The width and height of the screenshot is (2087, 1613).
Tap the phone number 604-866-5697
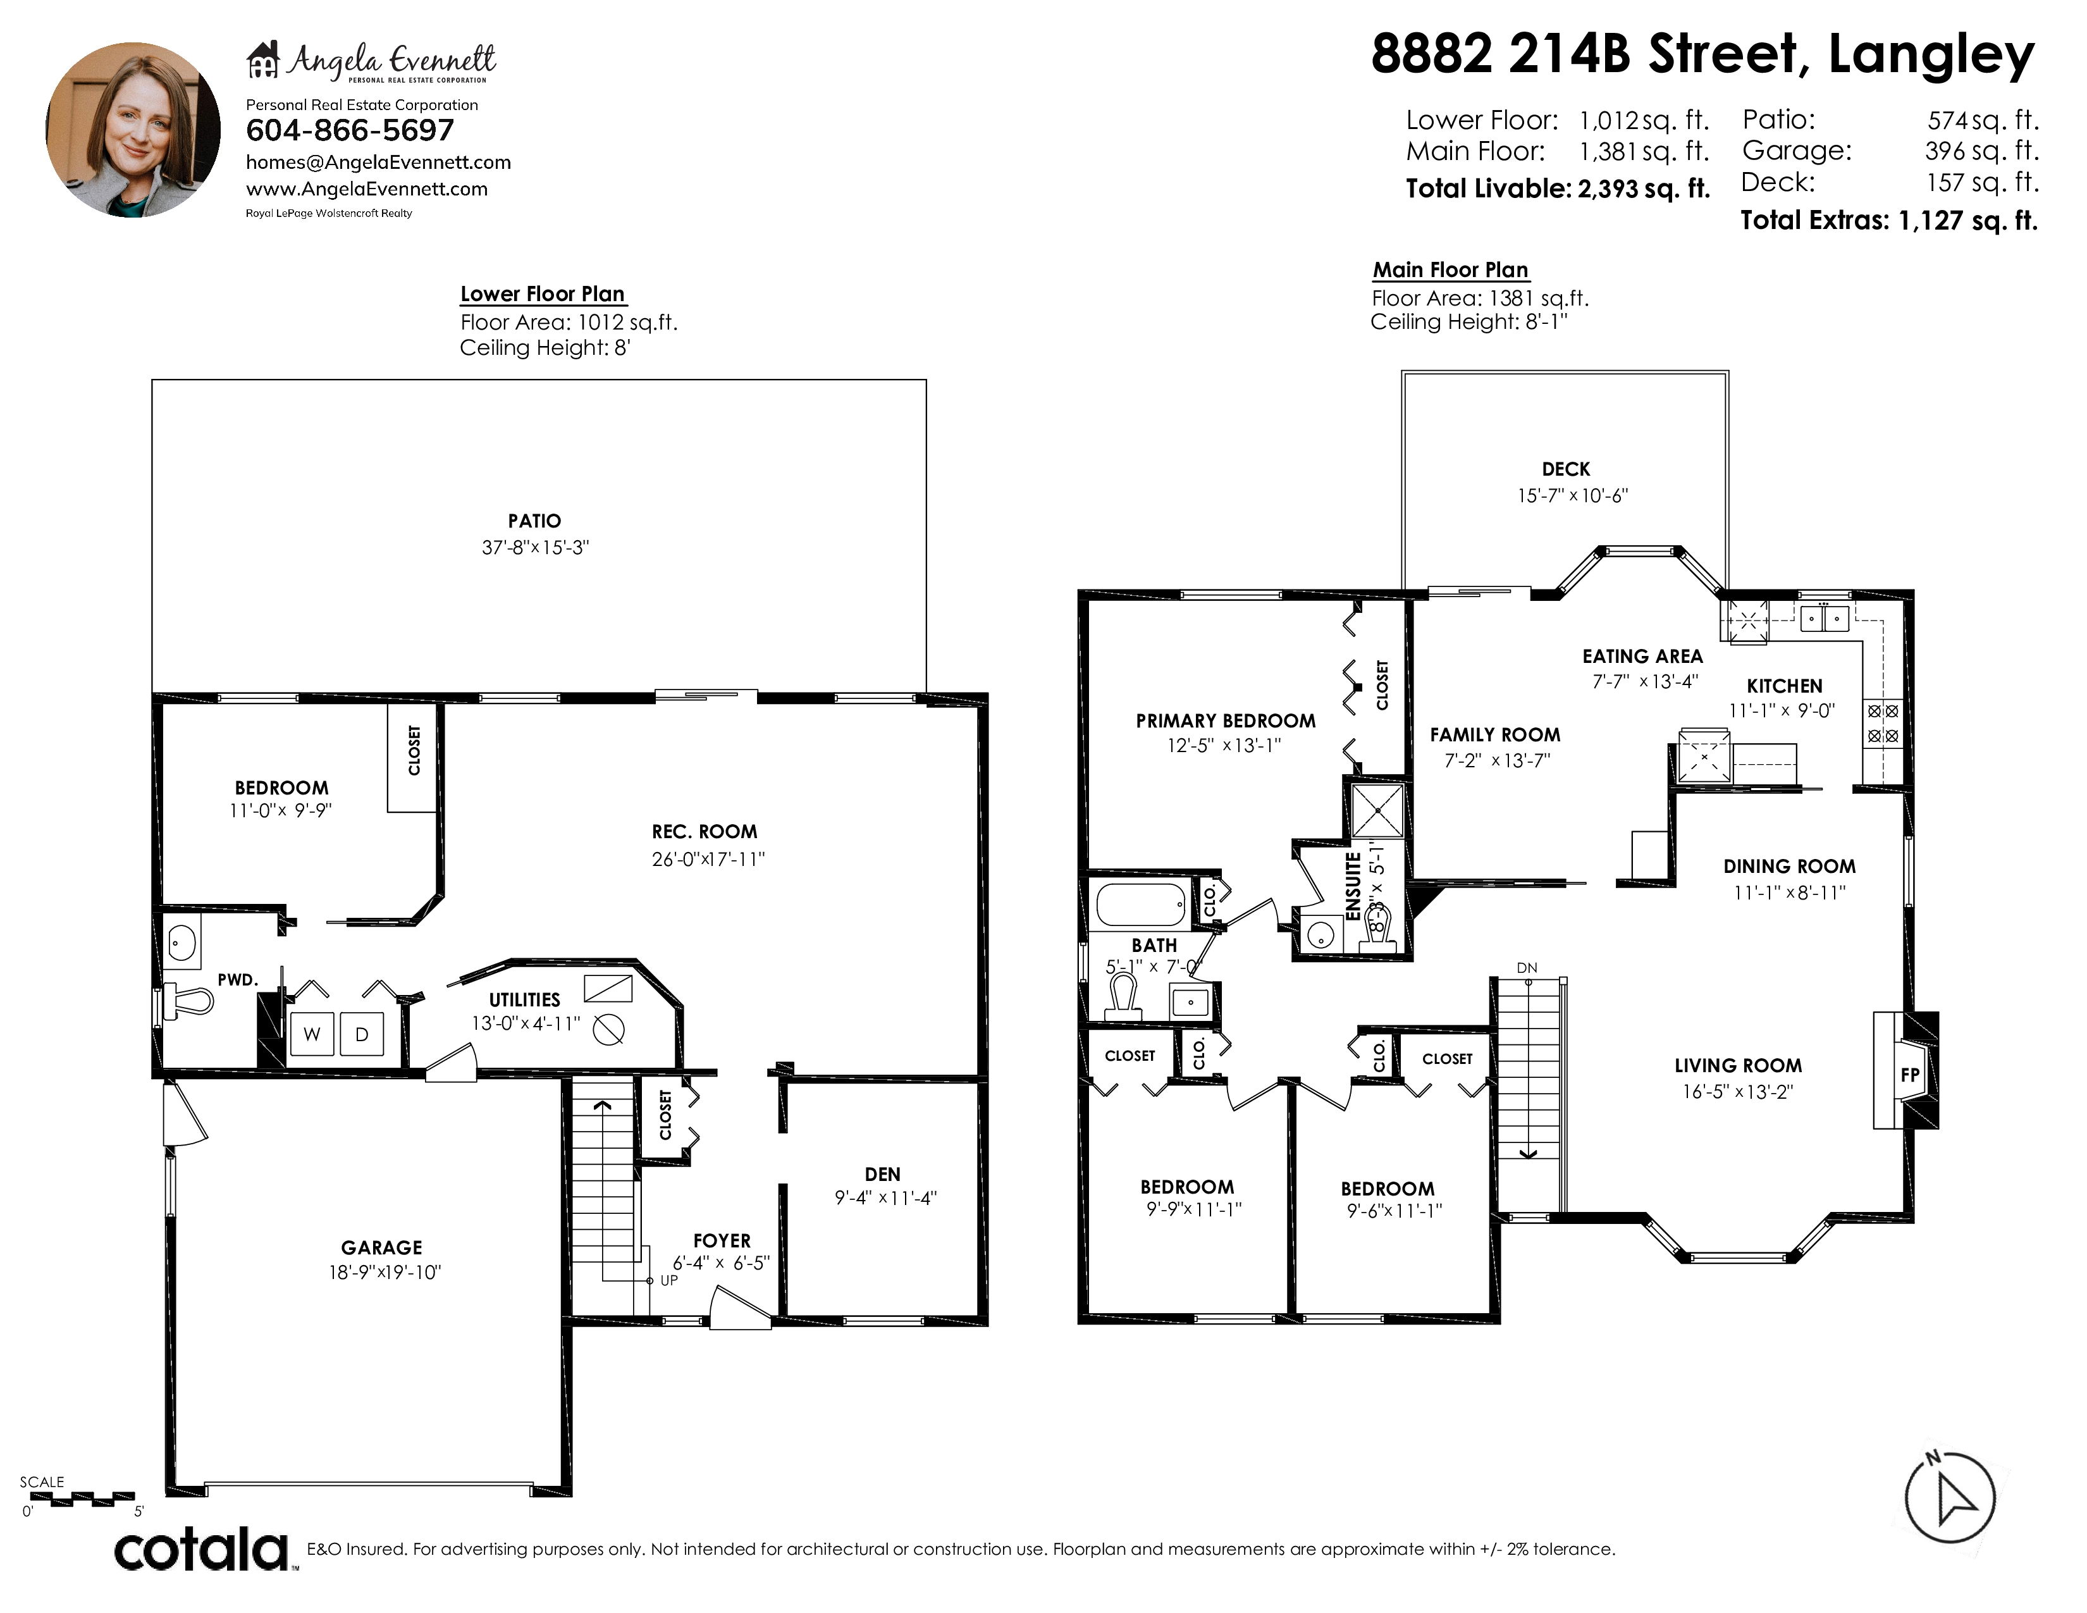[x=350, y=130]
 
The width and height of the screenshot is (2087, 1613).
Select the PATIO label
[x=534, y=521]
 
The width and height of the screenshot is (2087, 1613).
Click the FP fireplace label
[x=1909, y=1075]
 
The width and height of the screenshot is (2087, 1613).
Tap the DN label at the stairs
[x=1527, y=968]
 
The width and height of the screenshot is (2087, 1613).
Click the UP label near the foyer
[x=669, y=1280]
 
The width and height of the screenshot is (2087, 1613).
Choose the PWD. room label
[x=238, y=979]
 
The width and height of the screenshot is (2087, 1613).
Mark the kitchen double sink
[x=1824, y=618]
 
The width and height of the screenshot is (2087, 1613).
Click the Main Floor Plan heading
[x=1451, y=271]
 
